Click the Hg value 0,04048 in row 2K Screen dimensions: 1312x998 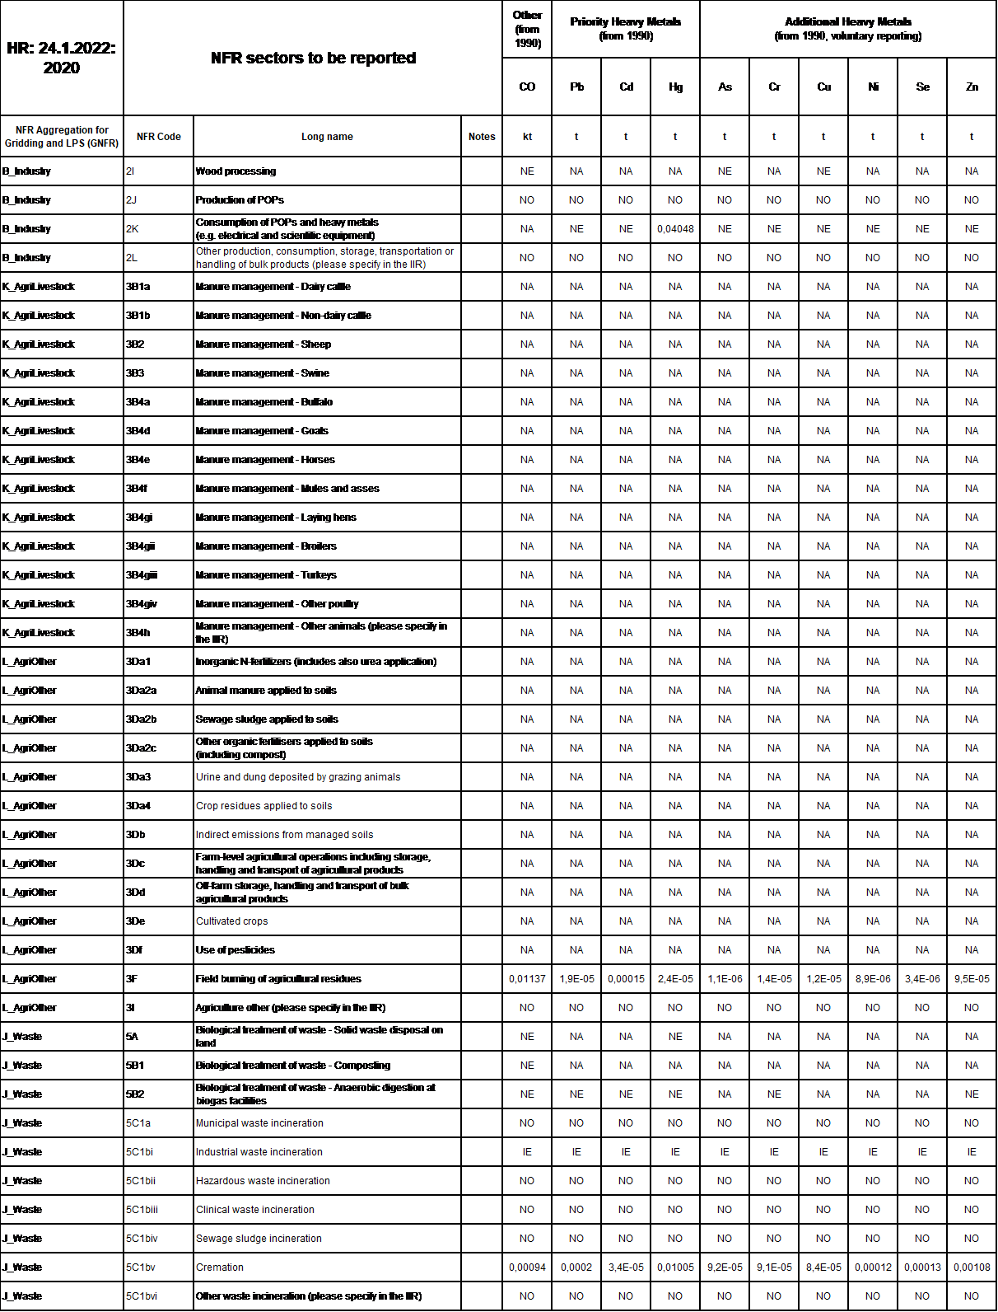click(675, 229)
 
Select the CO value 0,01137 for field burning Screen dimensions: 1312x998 click(527, 979)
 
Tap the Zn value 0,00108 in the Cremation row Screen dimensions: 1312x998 click(972, 1267)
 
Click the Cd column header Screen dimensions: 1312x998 click(626, 87)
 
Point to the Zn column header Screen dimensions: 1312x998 click(972, 87)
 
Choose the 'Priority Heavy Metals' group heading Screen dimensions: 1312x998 click(626, 29)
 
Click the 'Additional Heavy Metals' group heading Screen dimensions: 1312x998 click(848, 29)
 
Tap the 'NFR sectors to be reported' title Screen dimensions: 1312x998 click(313, 58)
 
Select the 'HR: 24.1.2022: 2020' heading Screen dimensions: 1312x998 click(62, 58)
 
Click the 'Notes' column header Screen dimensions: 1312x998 click(482, 137)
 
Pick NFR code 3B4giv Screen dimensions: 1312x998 click(142, 604)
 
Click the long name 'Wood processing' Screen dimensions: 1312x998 click(236, 171)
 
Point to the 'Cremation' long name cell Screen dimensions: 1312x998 click(220, 1267)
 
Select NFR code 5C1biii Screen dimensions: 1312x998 click(142, 1210)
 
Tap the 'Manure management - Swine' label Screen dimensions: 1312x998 click(262, 373)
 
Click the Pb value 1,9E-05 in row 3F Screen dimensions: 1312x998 click(576, 979)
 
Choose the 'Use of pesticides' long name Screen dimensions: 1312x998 click(236, 950)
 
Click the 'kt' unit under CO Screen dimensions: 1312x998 click(527, 137)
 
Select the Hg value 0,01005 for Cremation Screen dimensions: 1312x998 click(675, 1267)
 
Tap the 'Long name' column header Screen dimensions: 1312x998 click(327, 137)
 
